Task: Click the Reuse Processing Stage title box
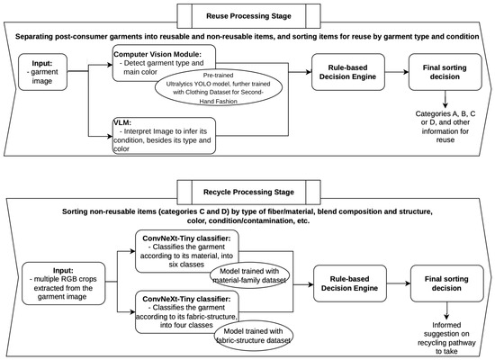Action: point(248,16)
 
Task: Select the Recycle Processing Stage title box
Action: point(248,192)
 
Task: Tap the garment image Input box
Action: point(42,72)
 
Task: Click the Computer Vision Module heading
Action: point(157,54)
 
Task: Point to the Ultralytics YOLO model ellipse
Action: point(218,88)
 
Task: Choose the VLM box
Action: point(164,136)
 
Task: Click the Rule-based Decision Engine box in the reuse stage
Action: point(348,72)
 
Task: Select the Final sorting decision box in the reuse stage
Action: point(445,72)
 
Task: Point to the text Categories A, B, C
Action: point(445,113)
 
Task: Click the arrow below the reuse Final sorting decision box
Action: point(445,99)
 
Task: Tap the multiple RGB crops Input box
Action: point(64,283)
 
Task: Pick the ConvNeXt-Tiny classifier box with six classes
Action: point(187,251)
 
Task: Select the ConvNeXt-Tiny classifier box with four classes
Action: point(187,312)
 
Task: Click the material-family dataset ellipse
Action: point(249,275)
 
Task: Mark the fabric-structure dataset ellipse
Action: point(253,336)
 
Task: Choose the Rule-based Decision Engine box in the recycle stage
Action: point(350,283)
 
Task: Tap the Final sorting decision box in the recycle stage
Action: point(447,283)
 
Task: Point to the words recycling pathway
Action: point(446,343)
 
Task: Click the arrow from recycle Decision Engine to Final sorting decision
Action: point(399,283)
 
